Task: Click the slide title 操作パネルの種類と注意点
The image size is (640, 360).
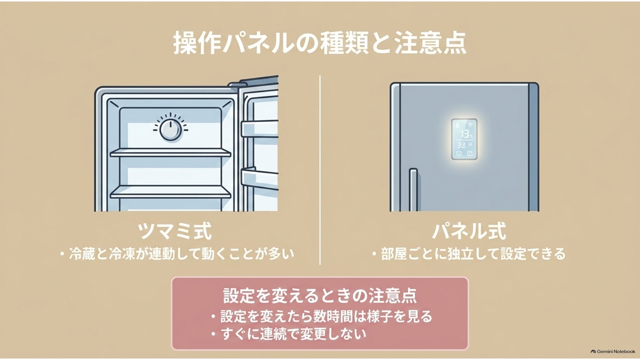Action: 320,44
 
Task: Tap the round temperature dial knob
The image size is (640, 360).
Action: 170,130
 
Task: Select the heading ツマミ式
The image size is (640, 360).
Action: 175,231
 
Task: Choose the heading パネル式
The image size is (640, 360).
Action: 469,231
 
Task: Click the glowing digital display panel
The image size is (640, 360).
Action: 464,139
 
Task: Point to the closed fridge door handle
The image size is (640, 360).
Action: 413,190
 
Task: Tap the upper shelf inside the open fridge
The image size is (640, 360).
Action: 171,153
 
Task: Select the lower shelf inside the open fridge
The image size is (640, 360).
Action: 171,192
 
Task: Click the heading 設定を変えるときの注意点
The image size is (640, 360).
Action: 320,296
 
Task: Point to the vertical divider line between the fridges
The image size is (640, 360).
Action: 320,170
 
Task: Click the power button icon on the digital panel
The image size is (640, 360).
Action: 459,153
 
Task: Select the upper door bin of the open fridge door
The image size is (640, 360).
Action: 259,129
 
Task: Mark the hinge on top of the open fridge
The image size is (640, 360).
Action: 237,84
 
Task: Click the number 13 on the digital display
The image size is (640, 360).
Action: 465,134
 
